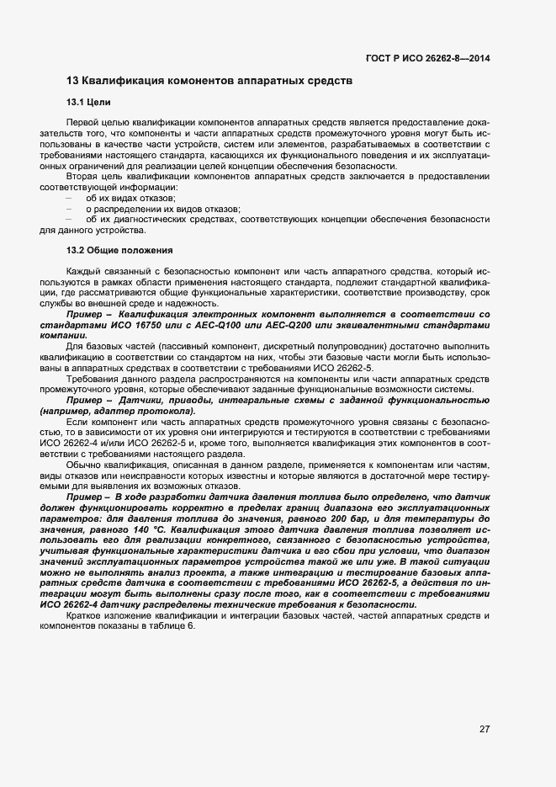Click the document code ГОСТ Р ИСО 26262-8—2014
pos(428,58)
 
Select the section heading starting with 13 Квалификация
pos(209,81)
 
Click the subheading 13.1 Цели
pos(83,103)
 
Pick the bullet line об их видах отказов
pos(125,197)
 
